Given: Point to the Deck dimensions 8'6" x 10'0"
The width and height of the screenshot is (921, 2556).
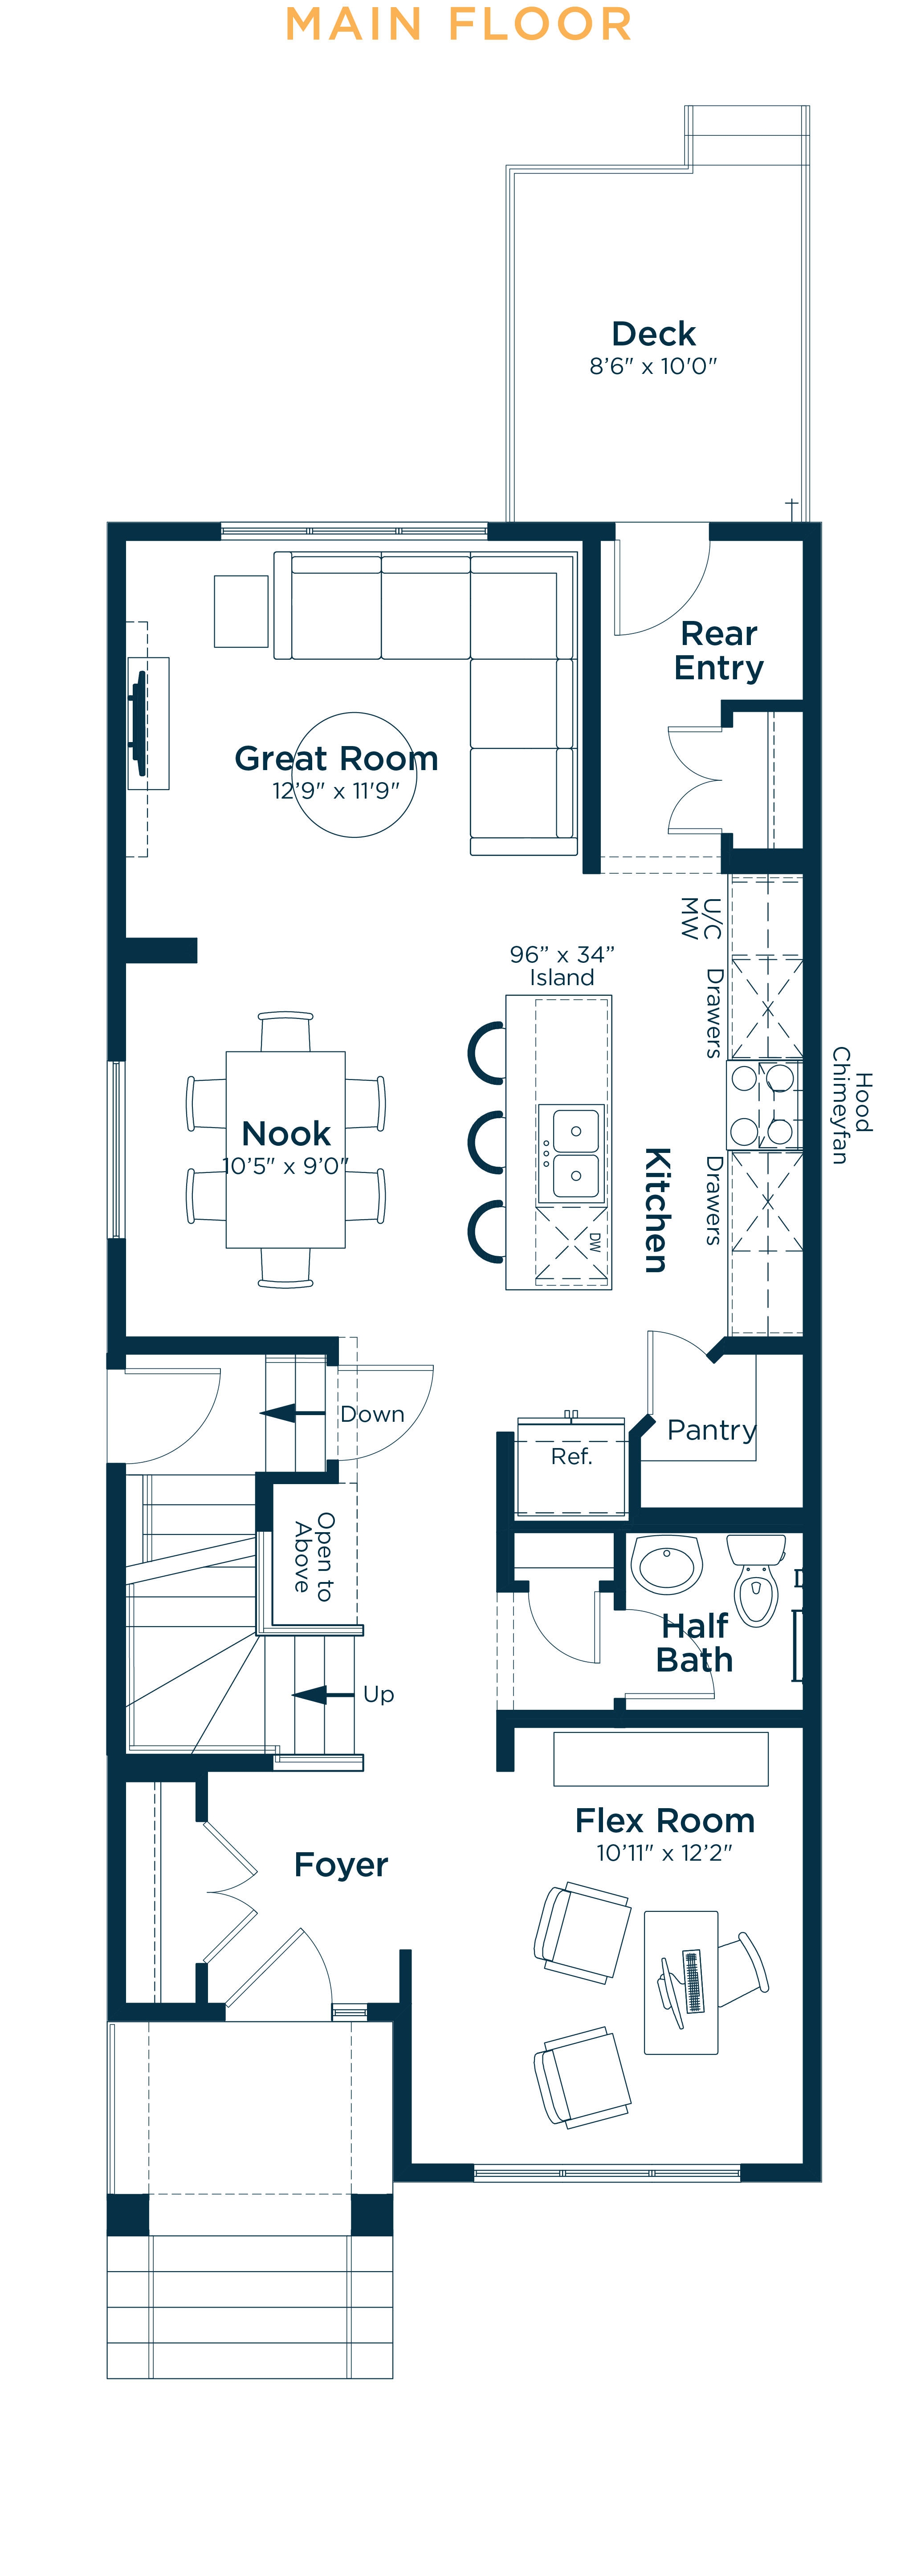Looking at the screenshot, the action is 653,366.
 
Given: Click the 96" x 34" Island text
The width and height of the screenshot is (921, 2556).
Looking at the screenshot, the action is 562,966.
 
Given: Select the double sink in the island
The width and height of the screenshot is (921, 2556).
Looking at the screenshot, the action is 571,1153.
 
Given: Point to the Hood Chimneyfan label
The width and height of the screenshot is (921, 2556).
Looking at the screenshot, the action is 852,1104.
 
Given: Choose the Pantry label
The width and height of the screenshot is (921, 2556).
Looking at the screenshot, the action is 712,1430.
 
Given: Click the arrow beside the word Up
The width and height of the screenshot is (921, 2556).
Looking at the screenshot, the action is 323,1694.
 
